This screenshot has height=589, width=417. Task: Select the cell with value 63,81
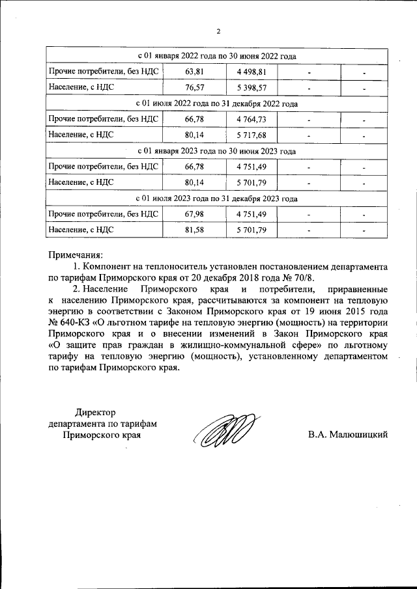click(195, 72)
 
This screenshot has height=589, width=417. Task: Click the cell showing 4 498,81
click(252, 72)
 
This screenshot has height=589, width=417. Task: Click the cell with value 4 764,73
click(252, 120)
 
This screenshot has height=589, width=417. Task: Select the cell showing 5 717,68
click(252, 135)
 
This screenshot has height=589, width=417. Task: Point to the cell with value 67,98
click(195, 214)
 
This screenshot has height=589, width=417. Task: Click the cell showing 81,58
click(195, 230)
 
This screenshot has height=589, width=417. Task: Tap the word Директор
click(94, 412)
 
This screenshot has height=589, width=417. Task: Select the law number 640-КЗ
click(74, 323)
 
